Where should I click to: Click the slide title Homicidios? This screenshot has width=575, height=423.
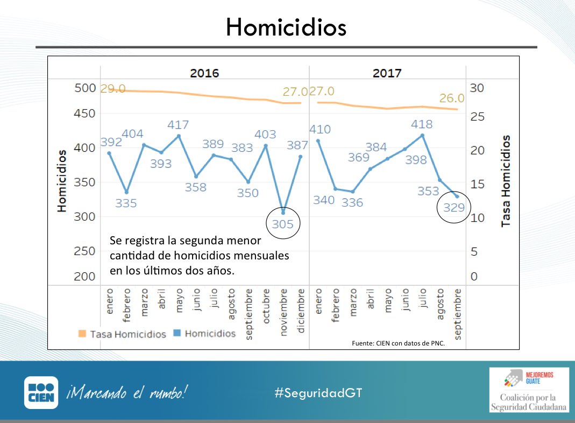(286, 26)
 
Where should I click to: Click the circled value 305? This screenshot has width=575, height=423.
(283, 224)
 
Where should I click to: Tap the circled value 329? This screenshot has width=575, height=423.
(454, 207)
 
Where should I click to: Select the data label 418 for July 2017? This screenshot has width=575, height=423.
(421, 124)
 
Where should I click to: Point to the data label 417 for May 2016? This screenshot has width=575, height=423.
(178, 125)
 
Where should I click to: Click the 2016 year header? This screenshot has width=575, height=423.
(204, 73)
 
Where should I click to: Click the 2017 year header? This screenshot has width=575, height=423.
(387, 73)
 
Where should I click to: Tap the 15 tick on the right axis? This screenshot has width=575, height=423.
(477, 184)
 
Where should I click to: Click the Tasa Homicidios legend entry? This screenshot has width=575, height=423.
(121, 334)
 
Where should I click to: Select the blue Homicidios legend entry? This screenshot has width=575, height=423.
(204, 334)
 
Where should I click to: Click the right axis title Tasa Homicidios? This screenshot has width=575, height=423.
(506, 181)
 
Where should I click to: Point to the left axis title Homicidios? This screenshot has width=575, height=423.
(62, 181)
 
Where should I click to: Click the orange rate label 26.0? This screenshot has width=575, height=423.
(452, 98)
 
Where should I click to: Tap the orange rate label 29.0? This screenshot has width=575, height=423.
(113, 89)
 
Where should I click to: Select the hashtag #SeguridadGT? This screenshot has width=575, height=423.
(318, 392)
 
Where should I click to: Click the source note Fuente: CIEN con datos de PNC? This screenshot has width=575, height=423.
(398, 343)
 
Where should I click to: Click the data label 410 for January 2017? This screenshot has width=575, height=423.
(320, 129)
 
